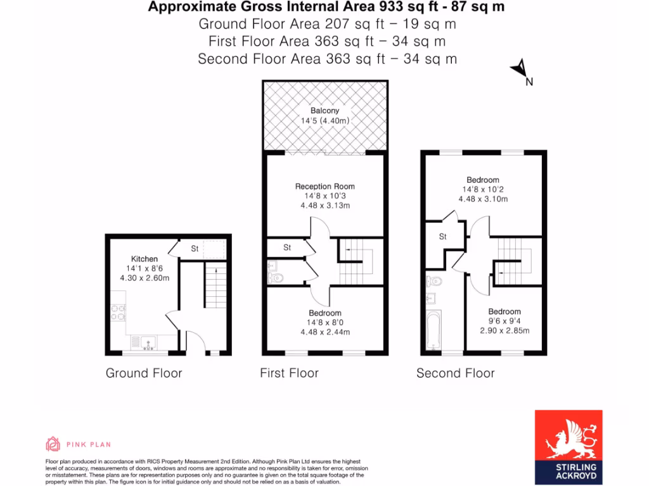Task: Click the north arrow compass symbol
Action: [520, 68]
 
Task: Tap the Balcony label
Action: [324, 111]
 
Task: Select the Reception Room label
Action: [324, 187]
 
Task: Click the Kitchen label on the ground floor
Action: [145, 259]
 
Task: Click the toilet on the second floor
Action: [434, 281]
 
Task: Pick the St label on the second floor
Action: [442, 237]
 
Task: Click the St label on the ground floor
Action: [195, 249]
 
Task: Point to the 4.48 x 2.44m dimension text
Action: [324, 331]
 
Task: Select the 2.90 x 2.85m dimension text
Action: [504, 330]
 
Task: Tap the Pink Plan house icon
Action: [53, 444]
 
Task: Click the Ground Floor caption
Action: [144, 373]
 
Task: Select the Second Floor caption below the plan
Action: [455, 373]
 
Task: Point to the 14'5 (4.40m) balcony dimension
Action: [324, 121]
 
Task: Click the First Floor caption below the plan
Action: [289, 373]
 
